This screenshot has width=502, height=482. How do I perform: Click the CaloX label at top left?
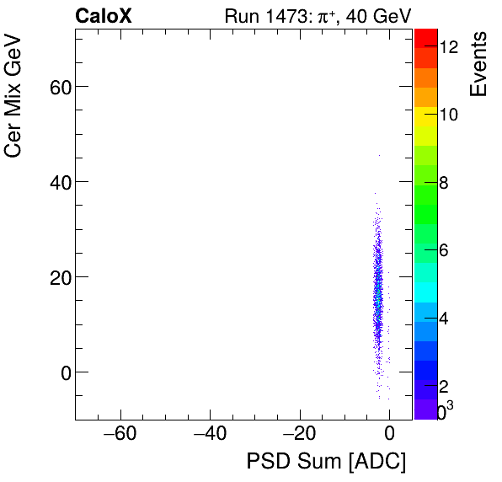[103, 15]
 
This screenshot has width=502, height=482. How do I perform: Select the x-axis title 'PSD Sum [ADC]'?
[326, 462]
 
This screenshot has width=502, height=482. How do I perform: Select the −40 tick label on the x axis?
[210, 436]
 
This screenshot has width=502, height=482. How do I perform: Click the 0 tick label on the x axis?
[389, 436]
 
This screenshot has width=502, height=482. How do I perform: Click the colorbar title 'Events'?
[479, 65]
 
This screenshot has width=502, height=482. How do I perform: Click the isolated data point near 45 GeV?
[379, 155]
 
